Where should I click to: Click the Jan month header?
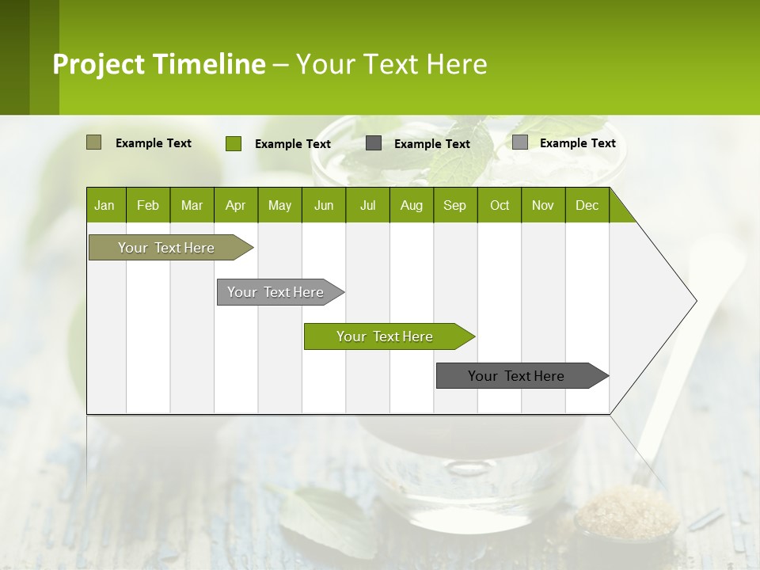(x=104, y=205)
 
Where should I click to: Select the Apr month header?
(x=235, y=205)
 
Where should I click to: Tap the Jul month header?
(x=367, y=205)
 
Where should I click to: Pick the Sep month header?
(x=454, y=205)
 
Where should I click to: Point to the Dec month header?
(x=587, y=205)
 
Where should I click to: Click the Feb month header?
(x=148, y=205)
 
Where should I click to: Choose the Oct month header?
(x=499, y=205)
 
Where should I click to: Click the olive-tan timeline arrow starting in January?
(x=166, y=248)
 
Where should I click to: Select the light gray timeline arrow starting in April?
(x=275, y=292)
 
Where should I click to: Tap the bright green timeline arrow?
(x=385, y=336)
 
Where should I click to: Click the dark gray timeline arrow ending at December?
(x=516, y=376)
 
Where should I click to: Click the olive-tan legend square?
(x=93, y=142)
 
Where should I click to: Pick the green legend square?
(x=233, y=143)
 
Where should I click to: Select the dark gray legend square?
(x=374, y=142)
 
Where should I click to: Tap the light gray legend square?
(x=519, y=142)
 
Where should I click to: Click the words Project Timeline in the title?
(x=158, y=64)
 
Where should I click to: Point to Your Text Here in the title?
(x=391, y=64)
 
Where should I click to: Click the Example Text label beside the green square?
(x=292, y=144)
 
